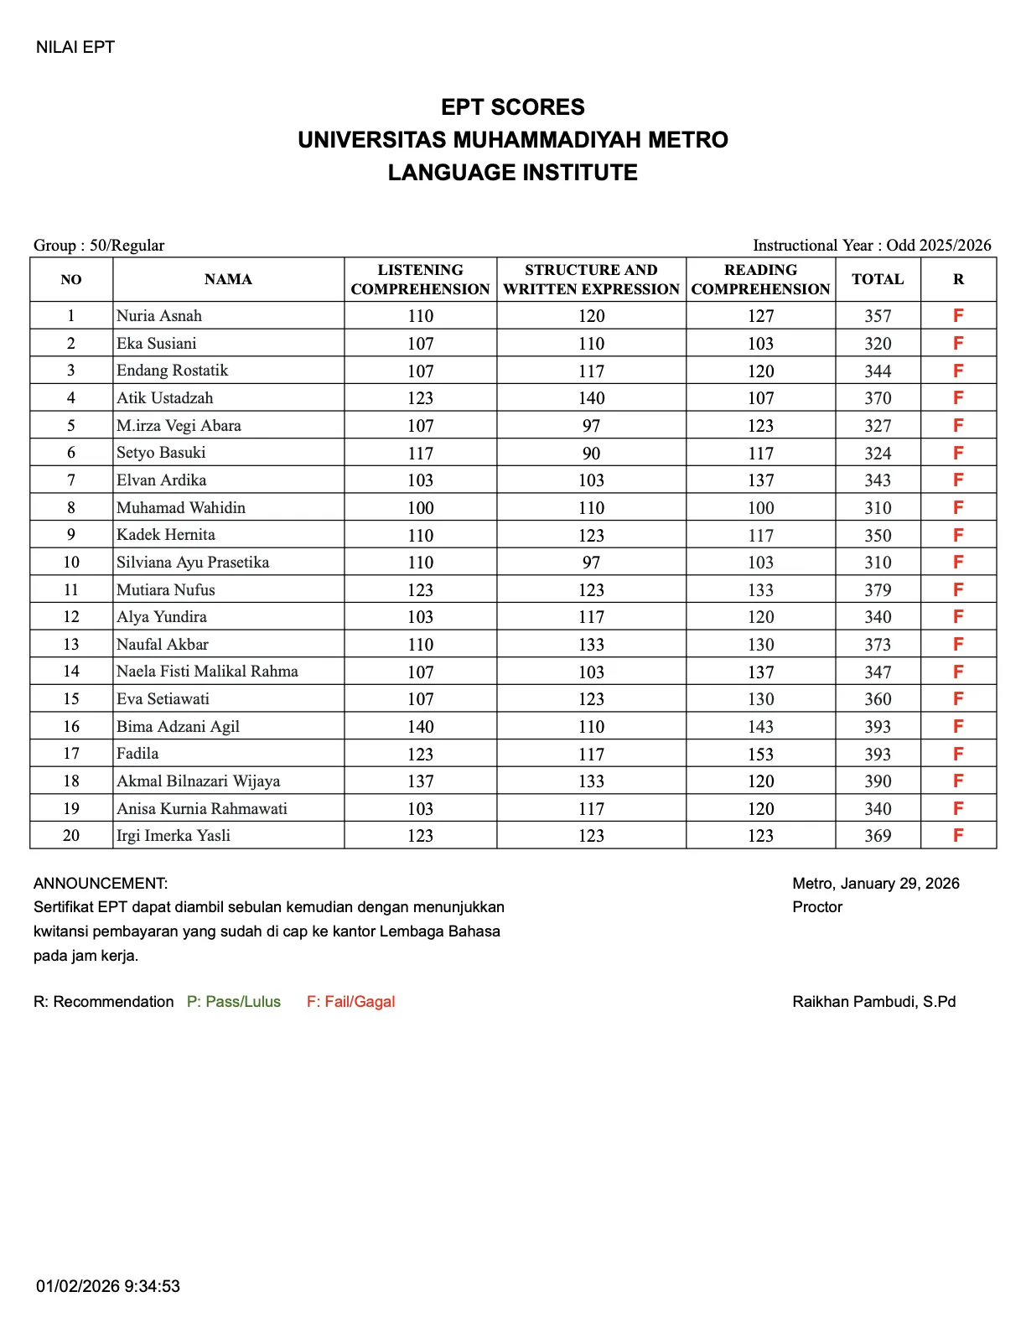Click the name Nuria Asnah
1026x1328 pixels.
(x=159, y=316)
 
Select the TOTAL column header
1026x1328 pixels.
(x=878, y=279)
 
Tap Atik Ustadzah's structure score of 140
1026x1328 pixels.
(x=591, y=398)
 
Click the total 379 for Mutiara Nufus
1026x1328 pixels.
(x=878, y=590)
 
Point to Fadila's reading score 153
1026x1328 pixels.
(x=760, y=755)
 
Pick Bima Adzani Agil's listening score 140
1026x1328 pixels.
(x=420, y=727)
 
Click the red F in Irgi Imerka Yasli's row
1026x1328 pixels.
(x=958, y=835)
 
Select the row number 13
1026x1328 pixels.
(x=71, y=645)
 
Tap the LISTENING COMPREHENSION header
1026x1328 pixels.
(x=420, y=279)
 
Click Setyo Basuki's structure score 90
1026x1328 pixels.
(x=591, y=454)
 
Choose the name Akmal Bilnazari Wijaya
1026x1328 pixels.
(x=199, y=781)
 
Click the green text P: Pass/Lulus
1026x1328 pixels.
(x=234, y=1002)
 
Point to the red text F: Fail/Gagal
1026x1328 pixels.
(x=350, y=1002)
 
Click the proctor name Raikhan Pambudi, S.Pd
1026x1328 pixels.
(x=873, y=1002)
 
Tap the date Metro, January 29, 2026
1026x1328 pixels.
(x=875, y=884)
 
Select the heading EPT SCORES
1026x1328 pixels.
(x=513, y=107)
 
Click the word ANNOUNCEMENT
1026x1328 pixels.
(x=101, y=884)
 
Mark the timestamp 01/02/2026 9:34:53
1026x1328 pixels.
(x=108, y=1286)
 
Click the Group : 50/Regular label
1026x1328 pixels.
(x=99, y=246)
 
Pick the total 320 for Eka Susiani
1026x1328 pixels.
(x=878, y=344)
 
